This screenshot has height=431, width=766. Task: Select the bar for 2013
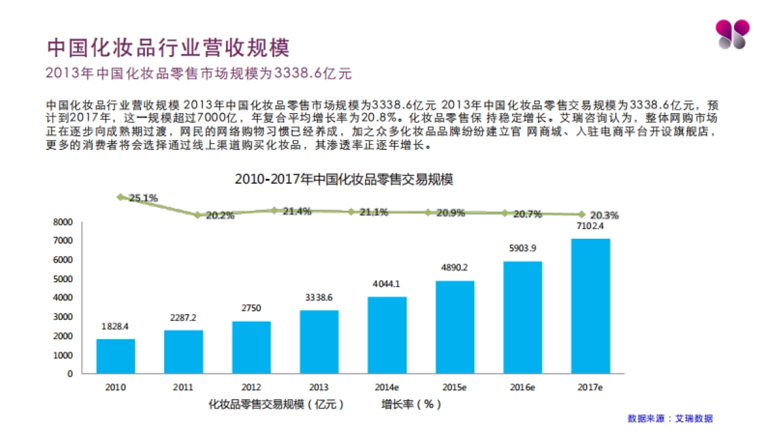tap(319, 342)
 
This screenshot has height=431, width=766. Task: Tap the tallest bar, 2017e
tap(590, 306)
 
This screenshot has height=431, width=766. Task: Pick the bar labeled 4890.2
tap(455, 327)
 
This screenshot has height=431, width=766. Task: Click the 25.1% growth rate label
tap(143, 198)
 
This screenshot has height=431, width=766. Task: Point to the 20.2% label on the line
tap(220, 216)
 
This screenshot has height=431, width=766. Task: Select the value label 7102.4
tap(590, 226)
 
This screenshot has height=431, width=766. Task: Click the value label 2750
tap(252, 308)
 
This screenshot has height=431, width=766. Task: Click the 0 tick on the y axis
tap(70, 374)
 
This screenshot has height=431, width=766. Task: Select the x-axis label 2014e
tap(387, 387)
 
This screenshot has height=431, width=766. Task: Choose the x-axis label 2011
tap(184, 387)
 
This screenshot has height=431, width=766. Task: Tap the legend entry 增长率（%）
tap(411, 404)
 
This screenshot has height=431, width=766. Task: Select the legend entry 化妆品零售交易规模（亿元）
tap(276, 404)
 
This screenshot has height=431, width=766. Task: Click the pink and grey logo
tap(730, 34)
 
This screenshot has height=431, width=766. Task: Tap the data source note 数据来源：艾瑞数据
tap(670, 418)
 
